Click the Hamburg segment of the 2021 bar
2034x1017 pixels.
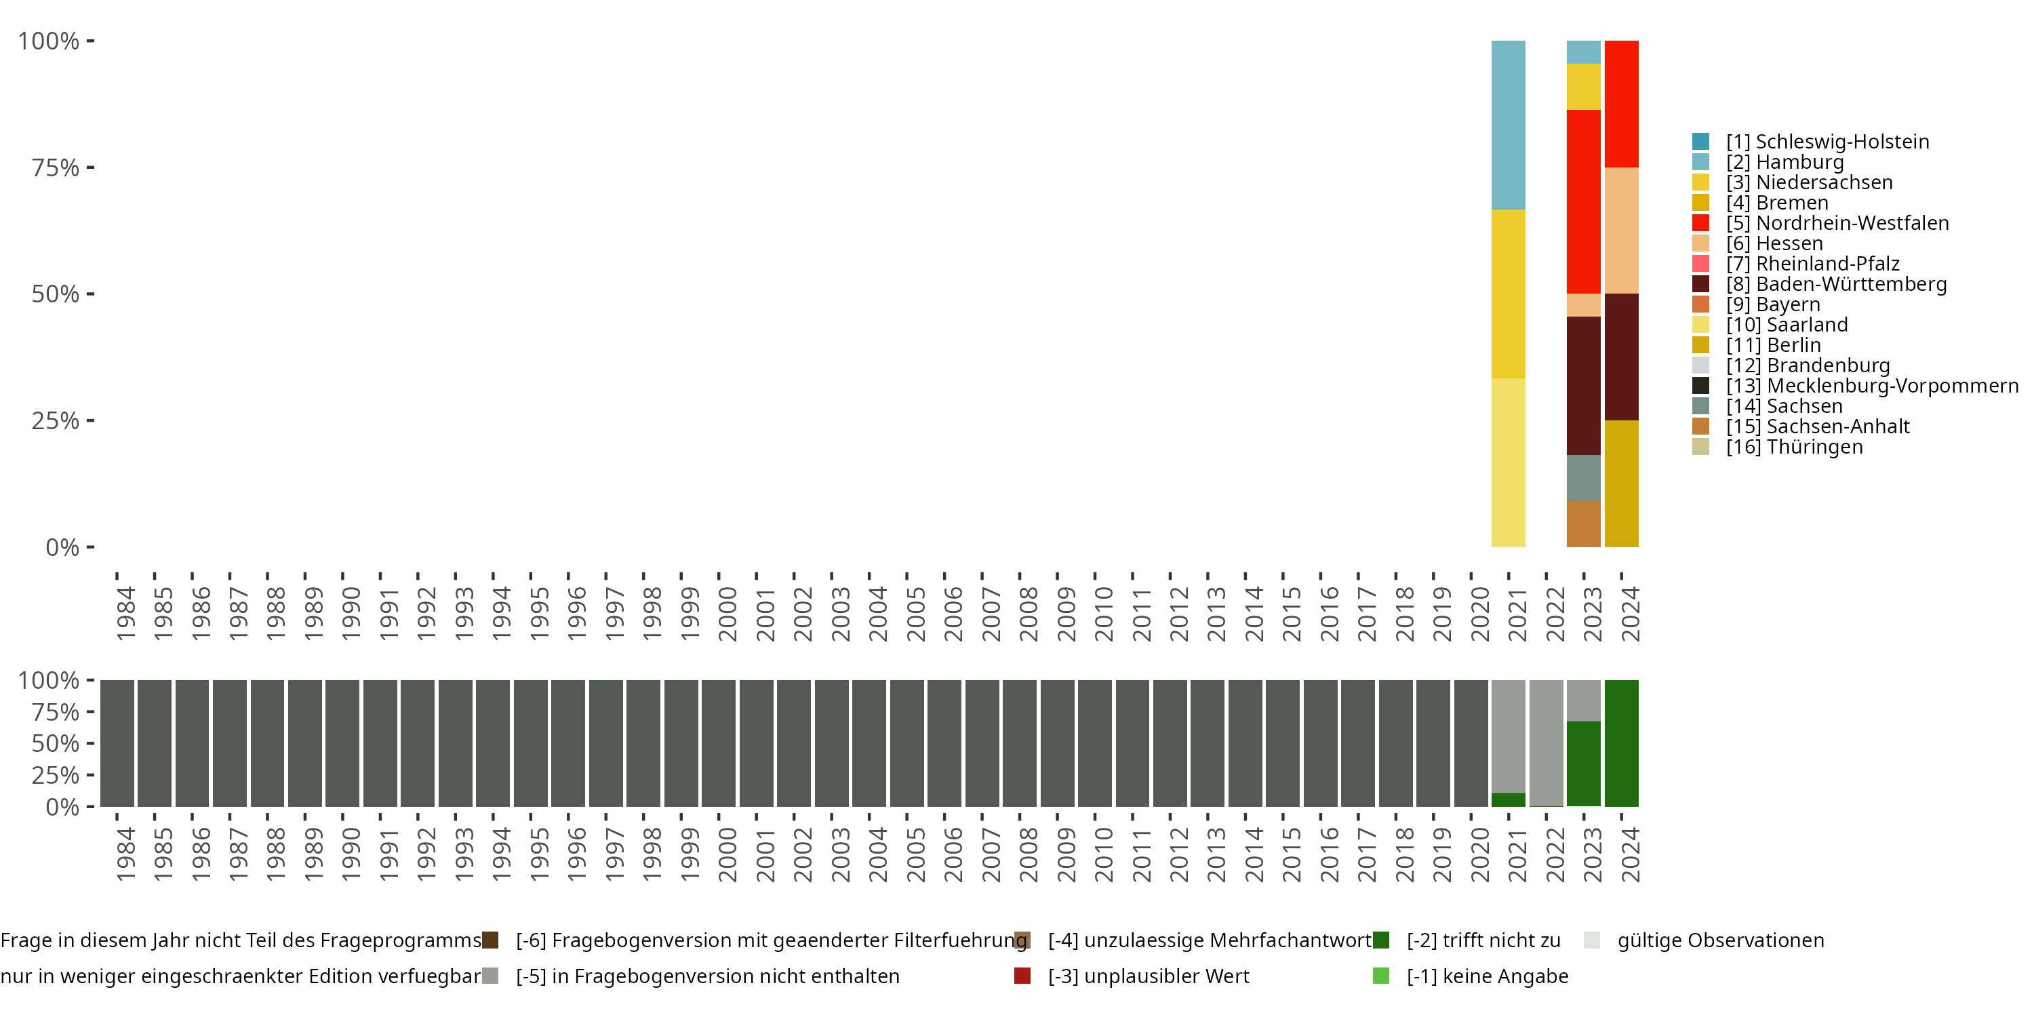pos(1507,125)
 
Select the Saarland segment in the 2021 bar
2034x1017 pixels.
pos(1507,462)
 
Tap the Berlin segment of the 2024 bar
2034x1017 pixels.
pos(1621,483)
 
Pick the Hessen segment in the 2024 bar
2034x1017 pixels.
pos(1621,231)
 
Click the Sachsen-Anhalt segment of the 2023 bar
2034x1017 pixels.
pos(1583,523)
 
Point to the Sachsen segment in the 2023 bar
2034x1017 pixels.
pos(1583,478)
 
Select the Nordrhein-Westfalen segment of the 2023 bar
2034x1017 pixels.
pos(1583,201)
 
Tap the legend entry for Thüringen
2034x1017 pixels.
pos(1794,447)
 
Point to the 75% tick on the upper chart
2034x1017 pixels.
pos(56,167)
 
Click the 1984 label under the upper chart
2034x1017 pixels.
pos(125,614)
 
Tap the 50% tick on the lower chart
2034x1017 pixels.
pos(56,743)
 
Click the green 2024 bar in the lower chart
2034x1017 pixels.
pos(1621,743)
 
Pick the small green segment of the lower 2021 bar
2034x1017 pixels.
pos(1507,800)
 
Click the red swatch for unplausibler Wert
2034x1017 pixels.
pos(1022,976)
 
